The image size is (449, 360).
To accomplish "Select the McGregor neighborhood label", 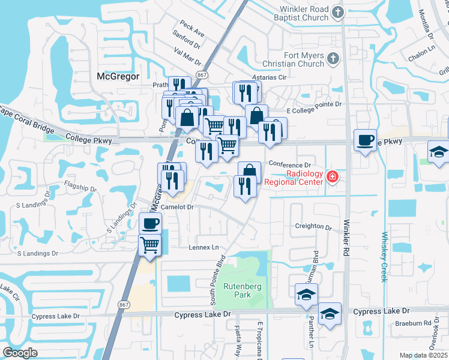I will (x=118, y=76).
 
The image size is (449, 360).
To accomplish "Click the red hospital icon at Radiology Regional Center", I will (x=333, y=177).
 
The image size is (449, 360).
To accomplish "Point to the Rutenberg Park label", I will (x=243, y=291).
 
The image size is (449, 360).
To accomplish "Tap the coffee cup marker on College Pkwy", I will (x=365, y=141).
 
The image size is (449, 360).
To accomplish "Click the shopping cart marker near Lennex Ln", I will (x=150, y=244).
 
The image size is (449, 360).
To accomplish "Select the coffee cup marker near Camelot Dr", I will (x=150, y=224).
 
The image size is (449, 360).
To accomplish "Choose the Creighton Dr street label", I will (x=313, y=227).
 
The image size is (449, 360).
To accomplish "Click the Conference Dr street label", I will (x=291, y=164).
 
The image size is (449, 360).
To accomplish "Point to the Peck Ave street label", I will (x=191, y=28).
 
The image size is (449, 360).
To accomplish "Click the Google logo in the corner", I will (x=20, y=353).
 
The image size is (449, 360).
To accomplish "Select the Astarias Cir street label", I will (x=269, y=78).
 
